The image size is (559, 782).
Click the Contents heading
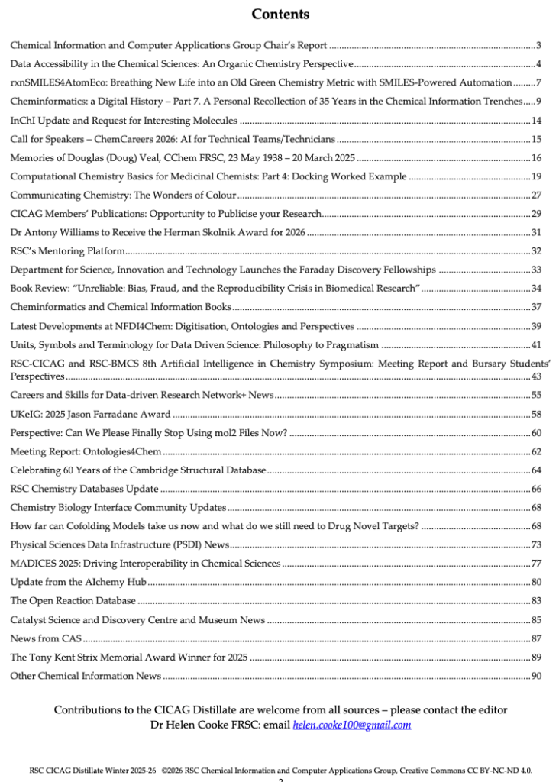(x=280, y=14)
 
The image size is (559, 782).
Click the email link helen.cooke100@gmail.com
(x=352, y=725)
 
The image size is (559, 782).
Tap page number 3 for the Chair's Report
(x=538, y=46)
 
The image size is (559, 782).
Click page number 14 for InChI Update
(x=536, y=121)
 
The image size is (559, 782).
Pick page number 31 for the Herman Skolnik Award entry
(x=536, y=232)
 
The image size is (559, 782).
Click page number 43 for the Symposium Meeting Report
(x=536, y=376)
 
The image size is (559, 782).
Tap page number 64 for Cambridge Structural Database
(x=536, y=470)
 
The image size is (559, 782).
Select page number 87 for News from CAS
(x=536, y=638)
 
